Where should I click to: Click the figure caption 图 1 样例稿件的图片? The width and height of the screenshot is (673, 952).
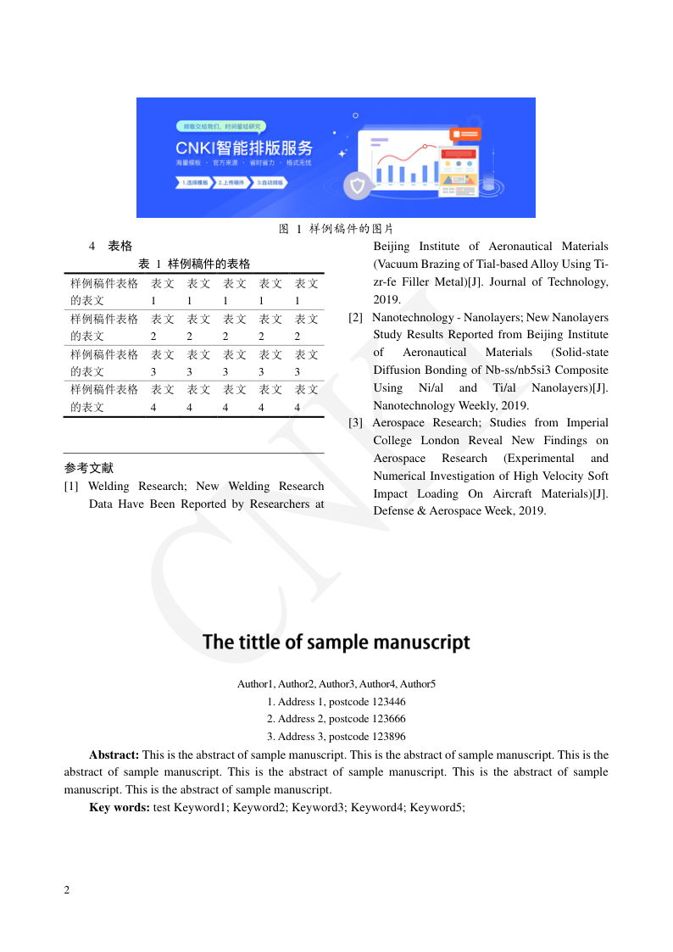336,229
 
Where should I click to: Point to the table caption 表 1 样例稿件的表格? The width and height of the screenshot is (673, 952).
194,264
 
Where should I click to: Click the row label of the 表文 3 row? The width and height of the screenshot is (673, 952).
104,363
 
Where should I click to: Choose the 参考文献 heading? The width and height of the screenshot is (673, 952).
89,468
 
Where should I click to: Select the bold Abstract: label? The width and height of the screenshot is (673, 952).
114,754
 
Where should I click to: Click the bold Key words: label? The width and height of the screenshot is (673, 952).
120,808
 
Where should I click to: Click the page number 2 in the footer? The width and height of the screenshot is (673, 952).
67,890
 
